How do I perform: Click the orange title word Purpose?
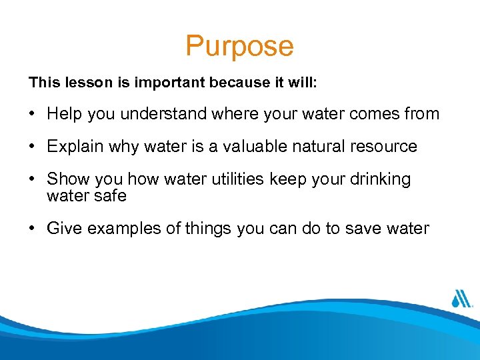239,46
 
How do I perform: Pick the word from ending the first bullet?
422,114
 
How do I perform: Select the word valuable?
233,147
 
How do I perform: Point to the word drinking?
380,179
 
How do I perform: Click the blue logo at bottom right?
461,297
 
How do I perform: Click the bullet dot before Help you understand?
33,115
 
